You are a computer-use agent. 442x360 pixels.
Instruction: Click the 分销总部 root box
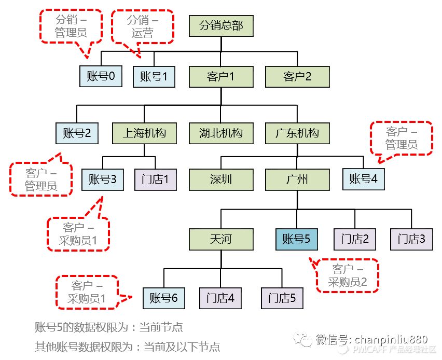pos(220,25)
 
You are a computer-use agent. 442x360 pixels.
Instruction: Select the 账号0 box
pos(101,77)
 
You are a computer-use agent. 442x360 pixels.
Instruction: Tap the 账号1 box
pos(154,77)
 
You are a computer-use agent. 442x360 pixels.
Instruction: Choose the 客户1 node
pos(220,77)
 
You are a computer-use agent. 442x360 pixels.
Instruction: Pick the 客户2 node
pos(297,77)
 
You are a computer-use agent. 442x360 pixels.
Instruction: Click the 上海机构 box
pos(144,133)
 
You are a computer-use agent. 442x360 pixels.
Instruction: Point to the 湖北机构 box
pos(220,133)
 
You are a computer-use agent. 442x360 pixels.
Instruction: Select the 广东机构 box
pos(297,133)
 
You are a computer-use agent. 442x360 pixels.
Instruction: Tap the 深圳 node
pos(220,179)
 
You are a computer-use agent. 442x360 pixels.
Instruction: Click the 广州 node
pos(297,179)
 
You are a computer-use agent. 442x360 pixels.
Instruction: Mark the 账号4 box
pos(363,179)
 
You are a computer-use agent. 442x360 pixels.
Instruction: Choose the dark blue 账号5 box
pos(296,239)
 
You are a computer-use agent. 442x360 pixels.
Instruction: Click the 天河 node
pos(220,239)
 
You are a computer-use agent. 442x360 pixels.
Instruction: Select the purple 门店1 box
pos(156,179)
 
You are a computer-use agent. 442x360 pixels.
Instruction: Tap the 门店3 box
pos(411,239)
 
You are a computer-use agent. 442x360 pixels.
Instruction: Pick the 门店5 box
pos(282,298)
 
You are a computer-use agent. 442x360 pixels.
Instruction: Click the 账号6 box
pos(163,298)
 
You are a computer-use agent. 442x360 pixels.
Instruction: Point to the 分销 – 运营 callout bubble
pos(142,26)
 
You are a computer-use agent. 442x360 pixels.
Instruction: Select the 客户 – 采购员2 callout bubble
pos(348,275)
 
